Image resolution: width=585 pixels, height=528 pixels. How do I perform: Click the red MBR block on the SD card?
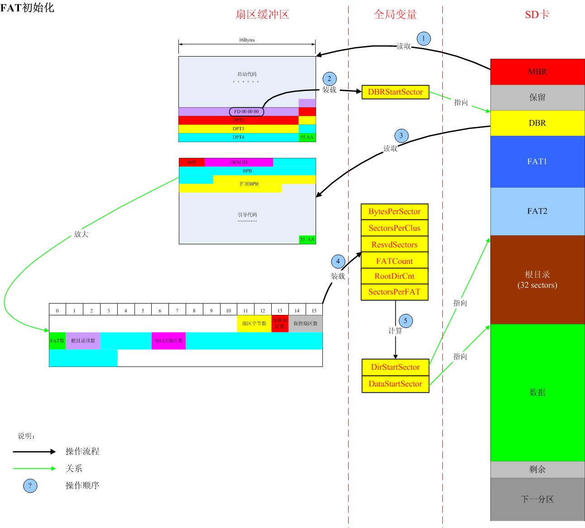[x=537, y=71]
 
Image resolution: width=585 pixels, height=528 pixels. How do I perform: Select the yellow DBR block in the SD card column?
[x=537, y=123]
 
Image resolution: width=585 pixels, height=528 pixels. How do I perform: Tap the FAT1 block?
[x=537, y=162]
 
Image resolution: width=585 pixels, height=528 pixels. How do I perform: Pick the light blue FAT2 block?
[x=537, y=211]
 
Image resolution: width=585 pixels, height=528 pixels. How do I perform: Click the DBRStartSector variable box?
[x=395, y=92]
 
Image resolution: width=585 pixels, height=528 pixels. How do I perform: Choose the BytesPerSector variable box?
[x=394, y=212]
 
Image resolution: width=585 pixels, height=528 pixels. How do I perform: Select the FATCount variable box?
[x=394, y=261]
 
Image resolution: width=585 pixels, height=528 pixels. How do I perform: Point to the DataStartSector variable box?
[x=395, y=384]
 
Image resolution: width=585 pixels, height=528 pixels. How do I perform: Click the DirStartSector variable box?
[x=395, y=367]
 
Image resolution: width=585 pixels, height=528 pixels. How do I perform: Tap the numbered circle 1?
[x=423, y=38]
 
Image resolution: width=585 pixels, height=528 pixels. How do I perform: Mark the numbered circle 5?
[x=406, y=321]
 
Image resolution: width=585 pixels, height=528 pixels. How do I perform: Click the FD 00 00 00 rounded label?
[x=246, y=112]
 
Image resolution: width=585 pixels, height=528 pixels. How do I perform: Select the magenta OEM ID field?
[x=239, y=162]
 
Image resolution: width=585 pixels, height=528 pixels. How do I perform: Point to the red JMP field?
[x=192, y=162]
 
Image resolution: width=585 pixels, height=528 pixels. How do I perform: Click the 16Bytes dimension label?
[x=247, y=40]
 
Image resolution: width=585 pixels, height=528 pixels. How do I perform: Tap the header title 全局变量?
[x=395, y=14]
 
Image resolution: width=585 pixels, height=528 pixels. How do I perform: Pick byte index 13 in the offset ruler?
[x=280, y=310]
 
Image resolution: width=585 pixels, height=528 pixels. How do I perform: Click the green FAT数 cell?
[x=58, y=341]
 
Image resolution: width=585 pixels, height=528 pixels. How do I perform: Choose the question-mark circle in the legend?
[x=30, y=486]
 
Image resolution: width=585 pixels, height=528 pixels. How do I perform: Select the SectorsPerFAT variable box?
[x=394, y=292]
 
